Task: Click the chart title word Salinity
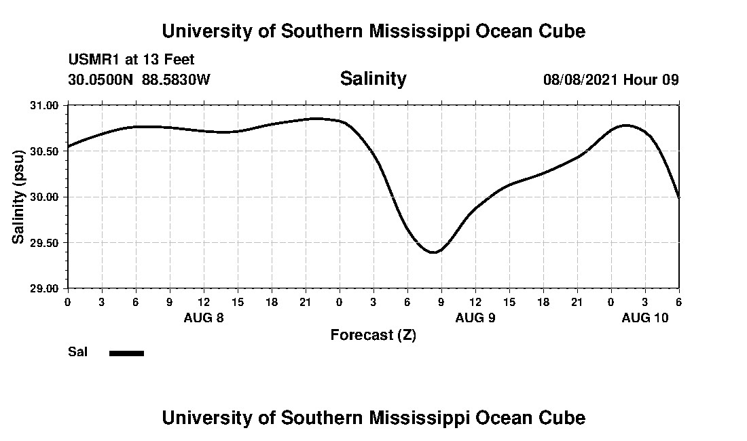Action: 373,79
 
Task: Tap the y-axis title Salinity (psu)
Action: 19,197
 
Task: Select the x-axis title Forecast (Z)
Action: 373,334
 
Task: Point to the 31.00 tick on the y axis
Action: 45,105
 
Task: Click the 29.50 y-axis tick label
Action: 45,243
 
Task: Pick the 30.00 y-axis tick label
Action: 45,197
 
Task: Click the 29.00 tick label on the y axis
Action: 45,288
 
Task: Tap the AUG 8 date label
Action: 204,318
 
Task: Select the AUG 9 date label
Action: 475,318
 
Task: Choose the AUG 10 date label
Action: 645,318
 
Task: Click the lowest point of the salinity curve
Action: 435,252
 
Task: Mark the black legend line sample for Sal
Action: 126,353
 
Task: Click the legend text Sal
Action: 77,352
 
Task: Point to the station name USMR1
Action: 92,60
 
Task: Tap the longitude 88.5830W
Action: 176,79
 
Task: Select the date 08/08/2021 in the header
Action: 581,79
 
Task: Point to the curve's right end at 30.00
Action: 678,197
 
